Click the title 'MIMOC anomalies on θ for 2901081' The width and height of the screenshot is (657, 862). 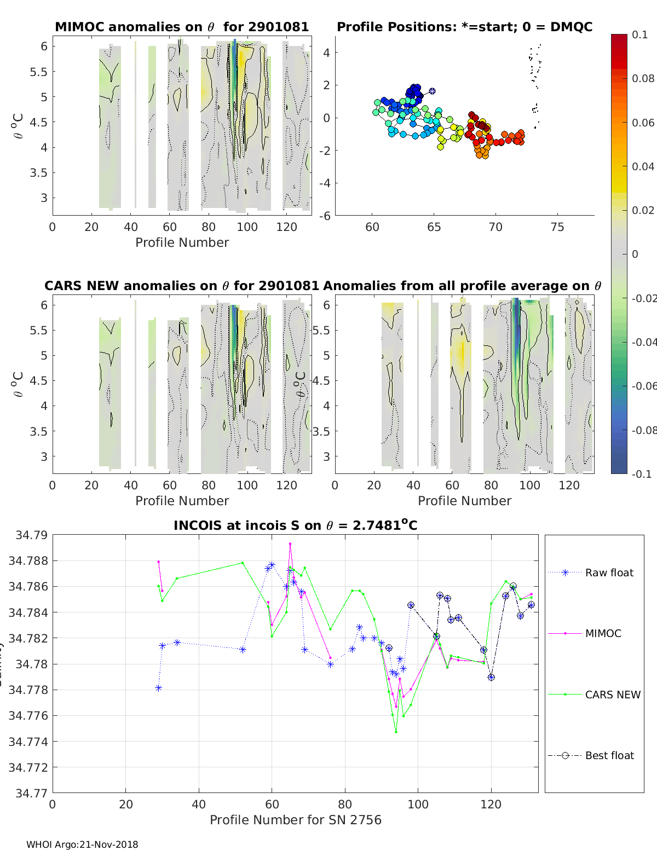(x=182, y=27)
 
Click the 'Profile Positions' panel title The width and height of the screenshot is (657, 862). (x=464, y=27)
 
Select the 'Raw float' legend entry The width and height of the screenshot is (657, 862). (x=609, y=572)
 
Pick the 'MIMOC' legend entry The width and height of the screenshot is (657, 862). (x=603, y=633)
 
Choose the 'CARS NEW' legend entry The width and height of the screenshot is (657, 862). (x=612, y=695)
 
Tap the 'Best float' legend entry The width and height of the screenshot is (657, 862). (x=609, y=755)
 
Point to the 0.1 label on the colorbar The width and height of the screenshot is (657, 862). (x=639, y=34)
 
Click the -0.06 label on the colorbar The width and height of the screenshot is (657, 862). (x=643, y=386)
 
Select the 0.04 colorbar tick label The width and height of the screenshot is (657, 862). (x=643, y=166)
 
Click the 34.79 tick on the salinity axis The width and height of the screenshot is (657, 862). (x=32, y=535)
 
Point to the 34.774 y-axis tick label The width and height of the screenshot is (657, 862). (x=28, y=742)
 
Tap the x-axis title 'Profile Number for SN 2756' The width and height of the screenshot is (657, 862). (x=295, y=820)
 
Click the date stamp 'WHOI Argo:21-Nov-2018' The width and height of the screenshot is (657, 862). (x=82, y=844)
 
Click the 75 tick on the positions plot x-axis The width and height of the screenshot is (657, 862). (x=557, y=227)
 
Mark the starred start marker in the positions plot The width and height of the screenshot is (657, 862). (x=432, y=91)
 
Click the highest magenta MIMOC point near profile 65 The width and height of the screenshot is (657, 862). (x=290, y=544)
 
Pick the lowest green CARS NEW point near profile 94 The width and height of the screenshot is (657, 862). (x=396, y=732)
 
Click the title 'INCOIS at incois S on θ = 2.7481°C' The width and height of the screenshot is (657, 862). (x=295, y=525)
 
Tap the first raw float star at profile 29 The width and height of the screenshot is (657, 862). (x=158, y=688)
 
